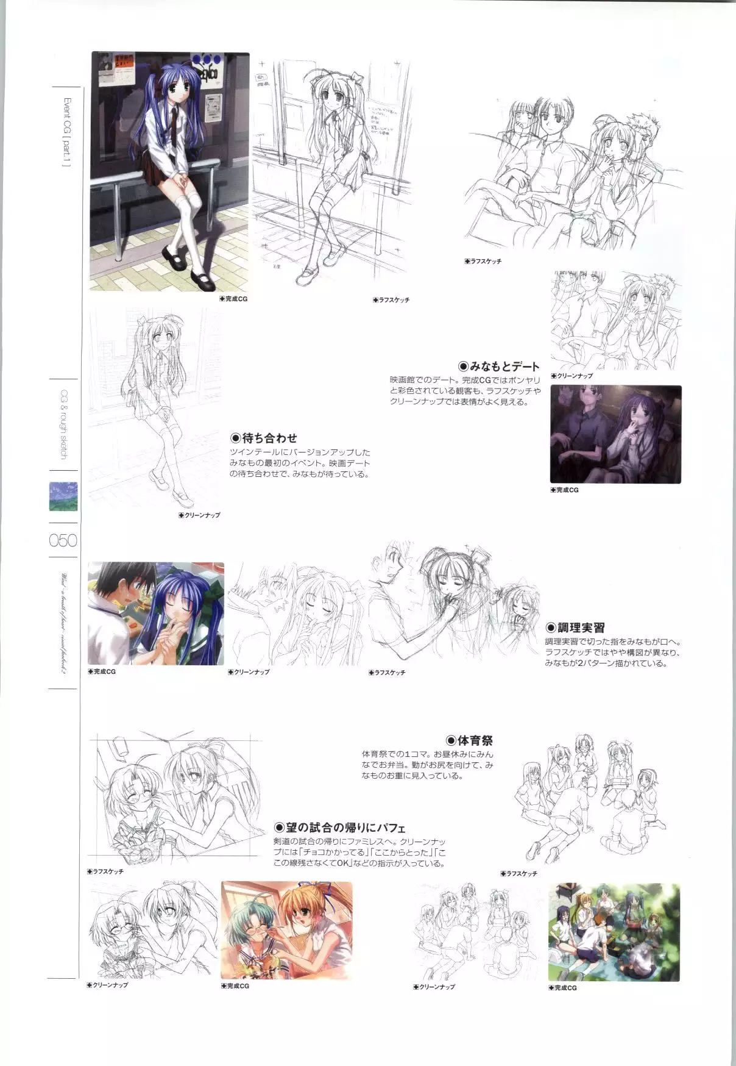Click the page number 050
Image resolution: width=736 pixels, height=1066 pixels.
(63, 540)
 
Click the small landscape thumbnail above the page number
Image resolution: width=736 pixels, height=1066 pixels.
(63, 496)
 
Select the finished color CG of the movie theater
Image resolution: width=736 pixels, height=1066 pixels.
(615, 434)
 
